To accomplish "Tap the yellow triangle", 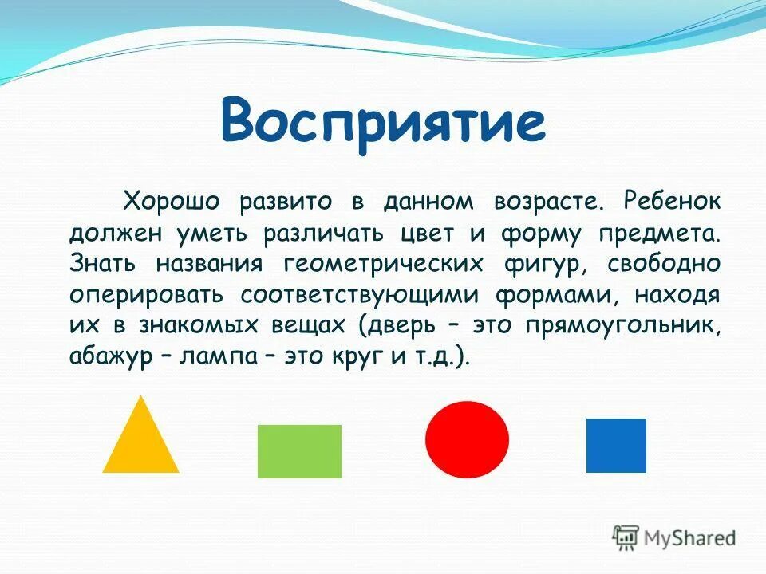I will point(140,442).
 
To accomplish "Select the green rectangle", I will point(299,451).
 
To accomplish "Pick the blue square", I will point(616,445).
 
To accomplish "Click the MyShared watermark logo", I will point(674,537).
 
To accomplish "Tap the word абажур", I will point(109,356).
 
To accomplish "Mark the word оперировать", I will point(146,294).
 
